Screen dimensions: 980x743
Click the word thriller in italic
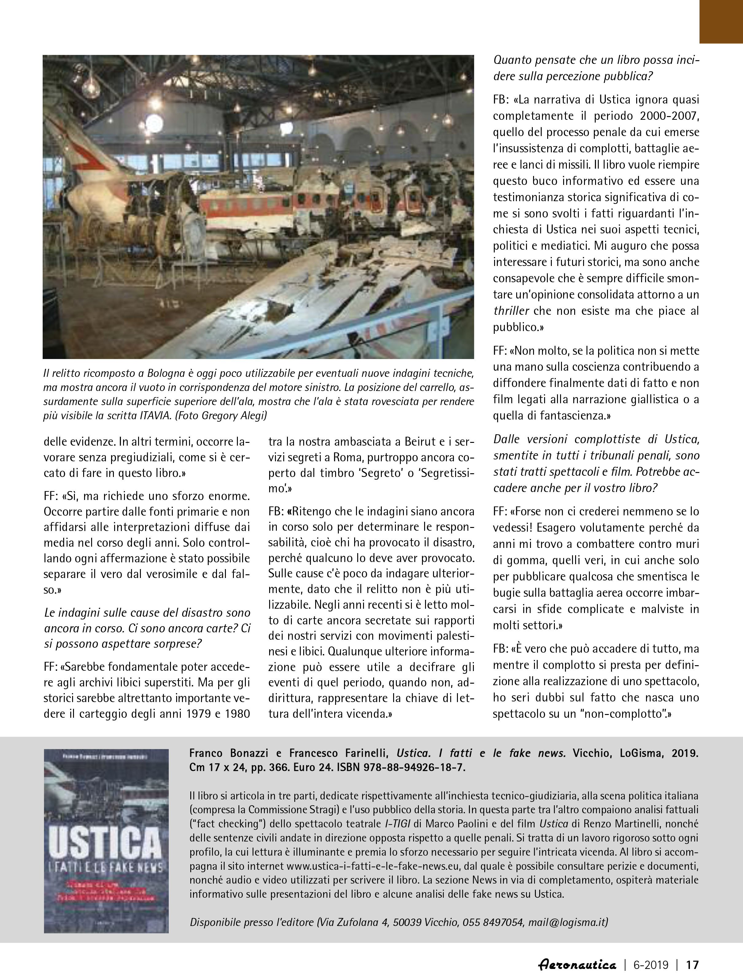click(x=511, y=310)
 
